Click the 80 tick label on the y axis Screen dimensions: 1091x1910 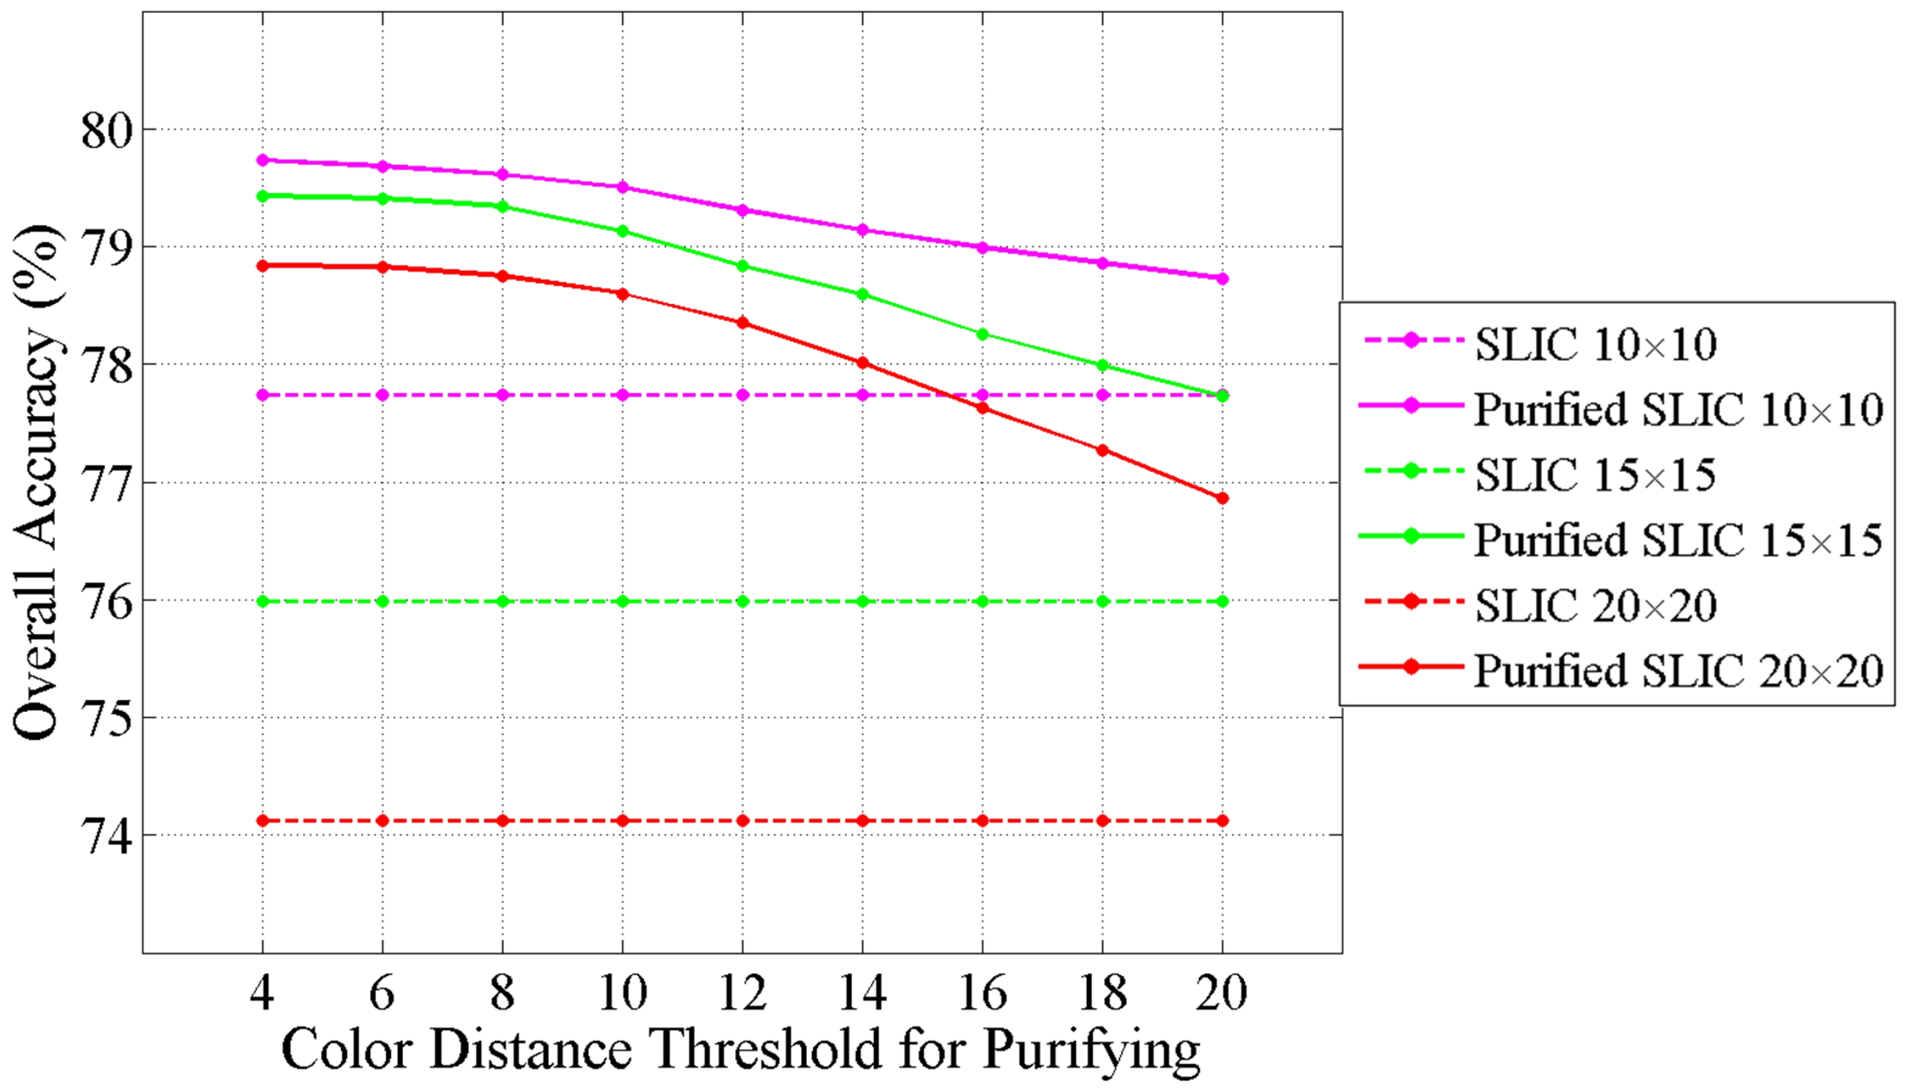[107, 131]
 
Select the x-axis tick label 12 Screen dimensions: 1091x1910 [742, 993]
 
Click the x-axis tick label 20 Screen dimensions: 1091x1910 [1222, 993]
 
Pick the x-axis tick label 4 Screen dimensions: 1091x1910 [261, 993]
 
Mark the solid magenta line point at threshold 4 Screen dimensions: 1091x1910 [262, 160]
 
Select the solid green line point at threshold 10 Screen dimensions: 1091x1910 [622, 231]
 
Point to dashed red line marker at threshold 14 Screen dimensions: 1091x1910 [862, 821]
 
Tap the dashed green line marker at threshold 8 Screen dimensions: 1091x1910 [503, 601]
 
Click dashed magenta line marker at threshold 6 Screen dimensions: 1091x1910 [382, 395]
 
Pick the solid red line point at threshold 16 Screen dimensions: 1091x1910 [983, 407]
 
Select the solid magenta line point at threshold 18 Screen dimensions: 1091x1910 [1103, 263]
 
